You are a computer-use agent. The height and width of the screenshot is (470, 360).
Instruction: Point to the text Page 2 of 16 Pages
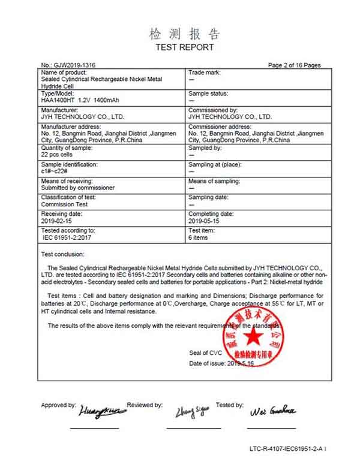coord(294,65)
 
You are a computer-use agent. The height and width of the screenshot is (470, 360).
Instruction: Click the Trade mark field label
coord(205,72)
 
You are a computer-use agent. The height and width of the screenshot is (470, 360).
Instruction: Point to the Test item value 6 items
coord(199,237)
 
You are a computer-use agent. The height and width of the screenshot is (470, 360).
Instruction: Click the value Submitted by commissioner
coord(77,188)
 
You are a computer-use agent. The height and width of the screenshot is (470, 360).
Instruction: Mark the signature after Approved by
coord(102,411)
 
